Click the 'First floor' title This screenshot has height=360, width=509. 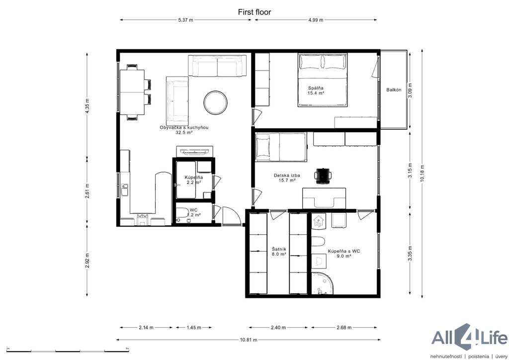click(254, 12)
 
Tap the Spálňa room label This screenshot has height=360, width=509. click(316, 88)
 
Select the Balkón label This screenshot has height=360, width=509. click(394, 90)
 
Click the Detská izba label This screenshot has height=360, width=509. click(287, 176)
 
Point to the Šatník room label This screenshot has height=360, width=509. click(279, 249)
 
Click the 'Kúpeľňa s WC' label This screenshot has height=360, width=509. click(344, 251)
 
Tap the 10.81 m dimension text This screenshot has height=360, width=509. click(249, 340)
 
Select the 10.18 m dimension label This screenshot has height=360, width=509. click(422, 173)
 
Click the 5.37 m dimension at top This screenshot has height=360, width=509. click(186, 20)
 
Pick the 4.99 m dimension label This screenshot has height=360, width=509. click(316, 20)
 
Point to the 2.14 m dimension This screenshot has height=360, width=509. click(146, 328)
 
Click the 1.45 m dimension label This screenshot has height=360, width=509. click(194, 328)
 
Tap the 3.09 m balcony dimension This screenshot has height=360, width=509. click(410, 90)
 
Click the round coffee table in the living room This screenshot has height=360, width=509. click(216, 102)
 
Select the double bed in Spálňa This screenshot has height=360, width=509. click(323, 80)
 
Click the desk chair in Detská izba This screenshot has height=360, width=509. click(323, 176)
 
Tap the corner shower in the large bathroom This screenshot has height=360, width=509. click(322, 283)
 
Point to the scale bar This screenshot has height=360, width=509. click(68, 350)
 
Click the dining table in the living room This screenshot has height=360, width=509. click(132, 92)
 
